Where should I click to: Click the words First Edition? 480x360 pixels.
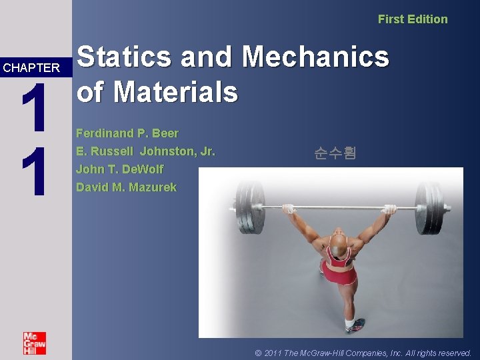(x=413, y=19)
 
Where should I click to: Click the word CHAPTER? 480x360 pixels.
(x=31, y=68)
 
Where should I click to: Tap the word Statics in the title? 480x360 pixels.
(x=125, y=57)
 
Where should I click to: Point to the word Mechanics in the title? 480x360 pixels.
(x=316, y=57)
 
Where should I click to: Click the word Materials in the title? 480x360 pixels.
(x=175, y=91)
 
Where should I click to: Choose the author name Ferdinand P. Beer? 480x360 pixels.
(x=127, y=133)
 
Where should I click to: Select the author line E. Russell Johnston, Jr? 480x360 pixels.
(x=145, y=151)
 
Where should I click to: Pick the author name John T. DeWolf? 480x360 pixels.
(x=119, y=169)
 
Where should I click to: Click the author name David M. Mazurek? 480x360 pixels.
(x=127, y=187)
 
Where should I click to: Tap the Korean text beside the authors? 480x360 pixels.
(x=335, y=153)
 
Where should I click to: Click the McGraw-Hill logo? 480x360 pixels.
(x=34, y=343)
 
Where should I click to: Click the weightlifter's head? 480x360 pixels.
(x=339, y=245)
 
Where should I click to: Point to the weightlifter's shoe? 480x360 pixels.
(x=353, y=327)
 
